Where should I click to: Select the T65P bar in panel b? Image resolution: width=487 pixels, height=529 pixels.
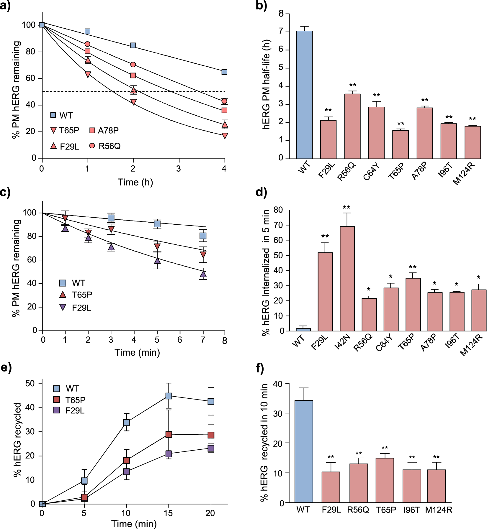401,144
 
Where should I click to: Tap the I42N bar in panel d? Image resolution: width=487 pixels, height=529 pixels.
347,279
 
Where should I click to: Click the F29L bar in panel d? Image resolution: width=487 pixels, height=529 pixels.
325,292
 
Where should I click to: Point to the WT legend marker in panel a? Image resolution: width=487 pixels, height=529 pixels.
53,115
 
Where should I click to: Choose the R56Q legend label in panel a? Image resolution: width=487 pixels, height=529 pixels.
110,146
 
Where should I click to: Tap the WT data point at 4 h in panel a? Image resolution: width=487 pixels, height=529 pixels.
224,72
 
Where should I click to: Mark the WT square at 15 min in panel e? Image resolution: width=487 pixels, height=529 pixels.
169,396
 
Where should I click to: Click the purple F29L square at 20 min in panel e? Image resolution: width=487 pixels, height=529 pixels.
211,448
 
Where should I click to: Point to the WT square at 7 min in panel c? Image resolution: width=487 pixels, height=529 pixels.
203,236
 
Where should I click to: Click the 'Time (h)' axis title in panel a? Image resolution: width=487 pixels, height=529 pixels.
135,182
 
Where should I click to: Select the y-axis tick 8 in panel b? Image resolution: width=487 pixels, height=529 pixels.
281,14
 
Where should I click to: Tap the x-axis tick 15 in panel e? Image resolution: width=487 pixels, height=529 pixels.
168,513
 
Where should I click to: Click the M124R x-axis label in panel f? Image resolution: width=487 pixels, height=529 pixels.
439,510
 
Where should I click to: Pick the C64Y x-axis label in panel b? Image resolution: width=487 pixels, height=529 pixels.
371,172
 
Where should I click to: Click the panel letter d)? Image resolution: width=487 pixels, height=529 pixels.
261,192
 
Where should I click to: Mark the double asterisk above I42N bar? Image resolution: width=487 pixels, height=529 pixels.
347,208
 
